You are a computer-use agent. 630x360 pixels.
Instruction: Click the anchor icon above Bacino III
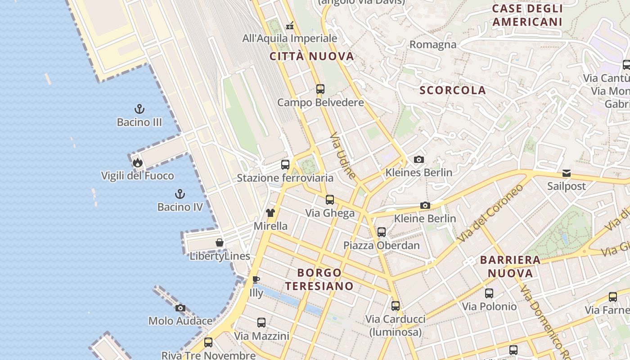(x=139, y=109)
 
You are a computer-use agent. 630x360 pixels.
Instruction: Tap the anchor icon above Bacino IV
(x=180, y=194)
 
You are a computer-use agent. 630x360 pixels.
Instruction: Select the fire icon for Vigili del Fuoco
(x=137, y=162)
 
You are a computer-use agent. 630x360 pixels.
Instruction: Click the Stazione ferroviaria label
(x=285, y=178)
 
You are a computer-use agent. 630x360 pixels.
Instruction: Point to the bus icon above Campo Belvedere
(x=320, y=89)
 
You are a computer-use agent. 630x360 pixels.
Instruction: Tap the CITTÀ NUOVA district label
(x=312, y=57)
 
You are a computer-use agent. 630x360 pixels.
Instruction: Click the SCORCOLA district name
(x=453, y=90)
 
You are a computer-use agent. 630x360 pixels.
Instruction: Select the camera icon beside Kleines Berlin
(x=418, y=159)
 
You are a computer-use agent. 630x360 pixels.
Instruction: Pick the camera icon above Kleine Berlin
(x=425, y=206)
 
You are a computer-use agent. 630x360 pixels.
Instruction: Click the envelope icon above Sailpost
(x=567, y=173)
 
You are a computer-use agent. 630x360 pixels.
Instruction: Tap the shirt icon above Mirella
(x=270, y=213)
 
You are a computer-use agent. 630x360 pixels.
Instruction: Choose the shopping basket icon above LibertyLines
(x=220, y=243)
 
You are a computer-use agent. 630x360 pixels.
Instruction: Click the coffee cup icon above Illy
(x=256, y=280)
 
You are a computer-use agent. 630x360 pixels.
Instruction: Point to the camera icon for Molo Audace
(x=180, y=308)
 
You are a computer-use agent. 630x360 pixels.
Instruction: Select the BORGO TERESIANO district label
(x=319, y=279)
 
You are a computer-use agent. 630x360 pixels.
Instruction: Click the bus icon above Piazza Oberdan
(x=382, y=232)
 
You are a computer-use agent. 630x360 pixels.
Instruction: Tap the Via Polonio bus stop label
(x=489, y=307)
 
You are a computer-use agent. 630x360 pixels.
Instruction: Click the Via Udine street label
(x=343, y=156)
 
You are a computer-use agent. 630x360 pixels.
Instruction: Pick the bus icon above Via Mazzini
(x=261, y=323)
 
